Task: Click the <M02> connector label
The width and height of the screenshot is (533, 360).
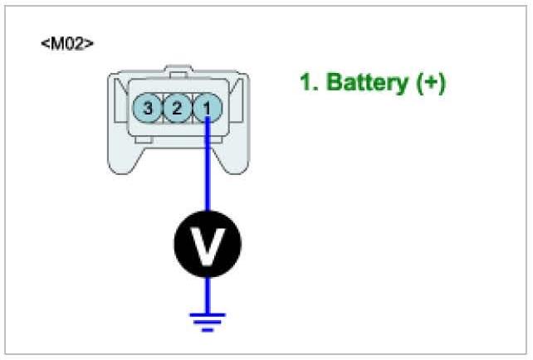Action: click(x=66, y=42)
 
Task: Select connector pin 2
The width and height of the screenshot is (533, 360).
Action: click(x=177, y=107)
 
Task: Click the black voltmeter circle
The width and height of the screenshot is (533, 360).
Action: click(x=207, y=244)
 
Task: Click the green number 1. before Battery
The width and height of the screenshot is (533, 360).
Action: click(x=309, y=83)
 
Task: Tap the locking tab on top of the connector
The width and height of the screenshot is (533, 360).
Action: click(x=178, y=68)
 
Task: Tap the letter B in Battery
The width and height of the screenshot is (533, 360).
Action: click(x=335, y=83)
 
